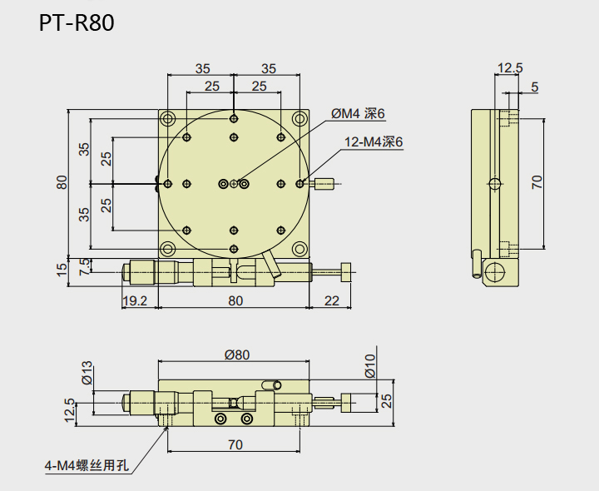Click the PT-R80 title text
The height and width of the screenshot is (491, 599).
pos(76,23)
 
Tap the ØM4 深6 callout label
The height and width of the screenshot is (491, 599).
pos(359,113)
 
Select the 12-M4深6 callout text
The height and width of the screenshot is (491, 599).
pos(374,142)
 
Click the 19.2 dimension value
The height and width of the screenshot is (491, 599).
pos(134,300)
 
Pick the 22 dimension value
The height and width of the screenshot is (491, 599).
pos(331,300)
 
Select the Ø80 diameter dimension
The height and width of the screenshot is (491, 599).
pos(236,355)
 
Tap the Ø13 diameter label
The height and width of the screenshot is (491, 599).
pos(87,373)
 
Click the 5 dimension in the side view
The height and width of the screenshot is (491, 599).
pos(533,86)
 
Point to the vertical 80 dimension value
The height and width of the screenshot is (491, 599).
pos(61,181)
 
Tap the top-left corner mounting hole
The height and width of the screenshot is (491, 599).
pos(168,117)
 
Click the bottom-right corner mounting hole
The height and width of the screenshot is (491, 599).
pos(299,248)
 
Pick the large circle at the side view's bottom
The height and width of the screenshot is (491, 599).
pos(495,271)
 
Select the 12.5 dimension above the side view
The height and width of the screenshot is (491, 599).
pos(509,67)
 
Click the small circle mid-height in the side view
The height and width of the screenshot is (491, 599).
pos(496,183)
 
